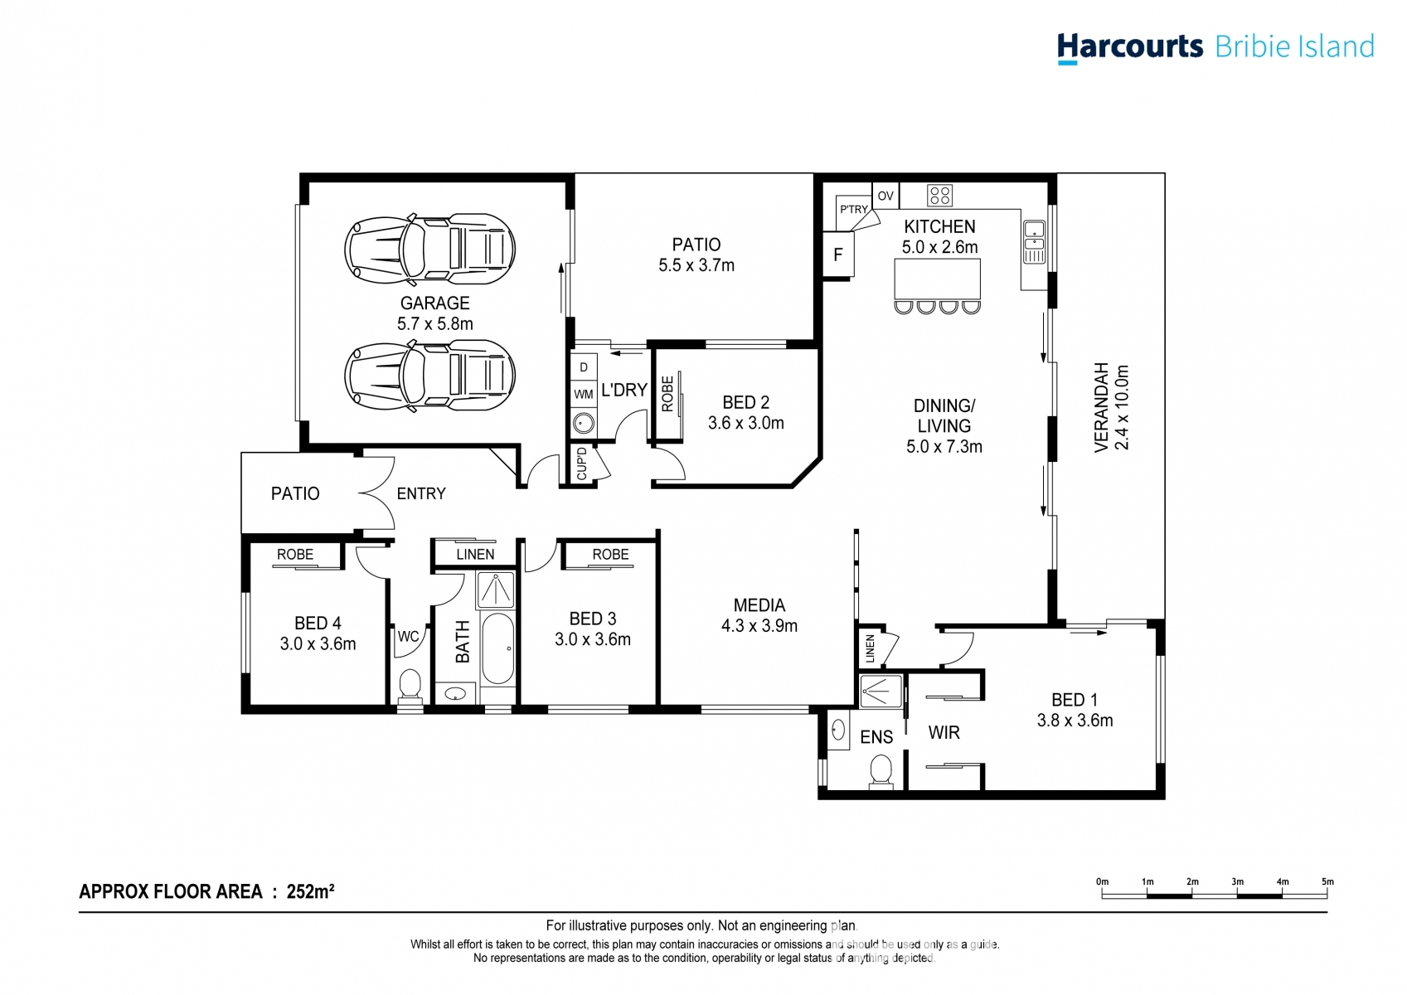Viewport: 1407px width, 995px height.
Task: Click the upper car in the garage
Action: [x=429, y=250]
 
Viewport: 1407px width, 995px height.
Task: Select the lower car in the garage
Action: [x=429, y=376]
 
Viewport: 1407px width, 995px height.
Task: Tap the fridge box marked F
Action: [x=837, y=255]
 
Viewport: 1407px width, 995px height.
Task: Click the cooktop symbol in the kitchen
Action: [x=940, y=196]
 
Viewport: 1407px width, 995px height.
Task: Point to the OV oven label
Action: [x=885, y=197]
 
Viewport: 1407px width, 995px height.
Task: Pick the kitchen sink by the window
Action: [x=1034, y=241]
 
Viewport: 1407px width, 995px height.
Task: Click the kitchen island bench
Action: [x=938, y=279]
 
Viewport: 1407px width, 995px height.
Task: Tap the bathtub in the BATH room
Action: [x=497, y=648]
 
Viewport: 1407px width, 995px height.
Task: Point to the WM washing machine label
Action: [x=584, y=395]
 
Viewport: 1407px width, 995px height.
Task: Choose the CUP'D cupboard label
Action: [x=582, y=464]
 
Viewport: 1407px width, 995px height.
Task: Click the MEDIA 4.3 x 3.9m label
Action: [x=759, y=616]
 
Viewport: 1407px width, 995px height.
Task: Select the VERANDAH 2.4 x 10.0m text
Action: [x=1111, y=408]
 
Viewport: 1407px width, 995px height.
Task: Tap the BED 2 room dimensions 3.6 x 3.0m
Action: [x=745, y=423]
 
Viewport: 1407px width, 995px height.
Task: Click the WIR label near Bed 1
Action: [x=944, y=733]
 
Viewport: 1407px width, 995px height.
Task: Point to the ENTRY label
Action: [x=421, y=494]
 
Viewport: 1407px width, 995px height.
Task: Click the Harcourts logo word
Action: [x=1129, y=46]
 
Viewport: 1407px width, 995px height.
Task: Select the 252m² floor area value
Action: [x=310, y=892]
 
